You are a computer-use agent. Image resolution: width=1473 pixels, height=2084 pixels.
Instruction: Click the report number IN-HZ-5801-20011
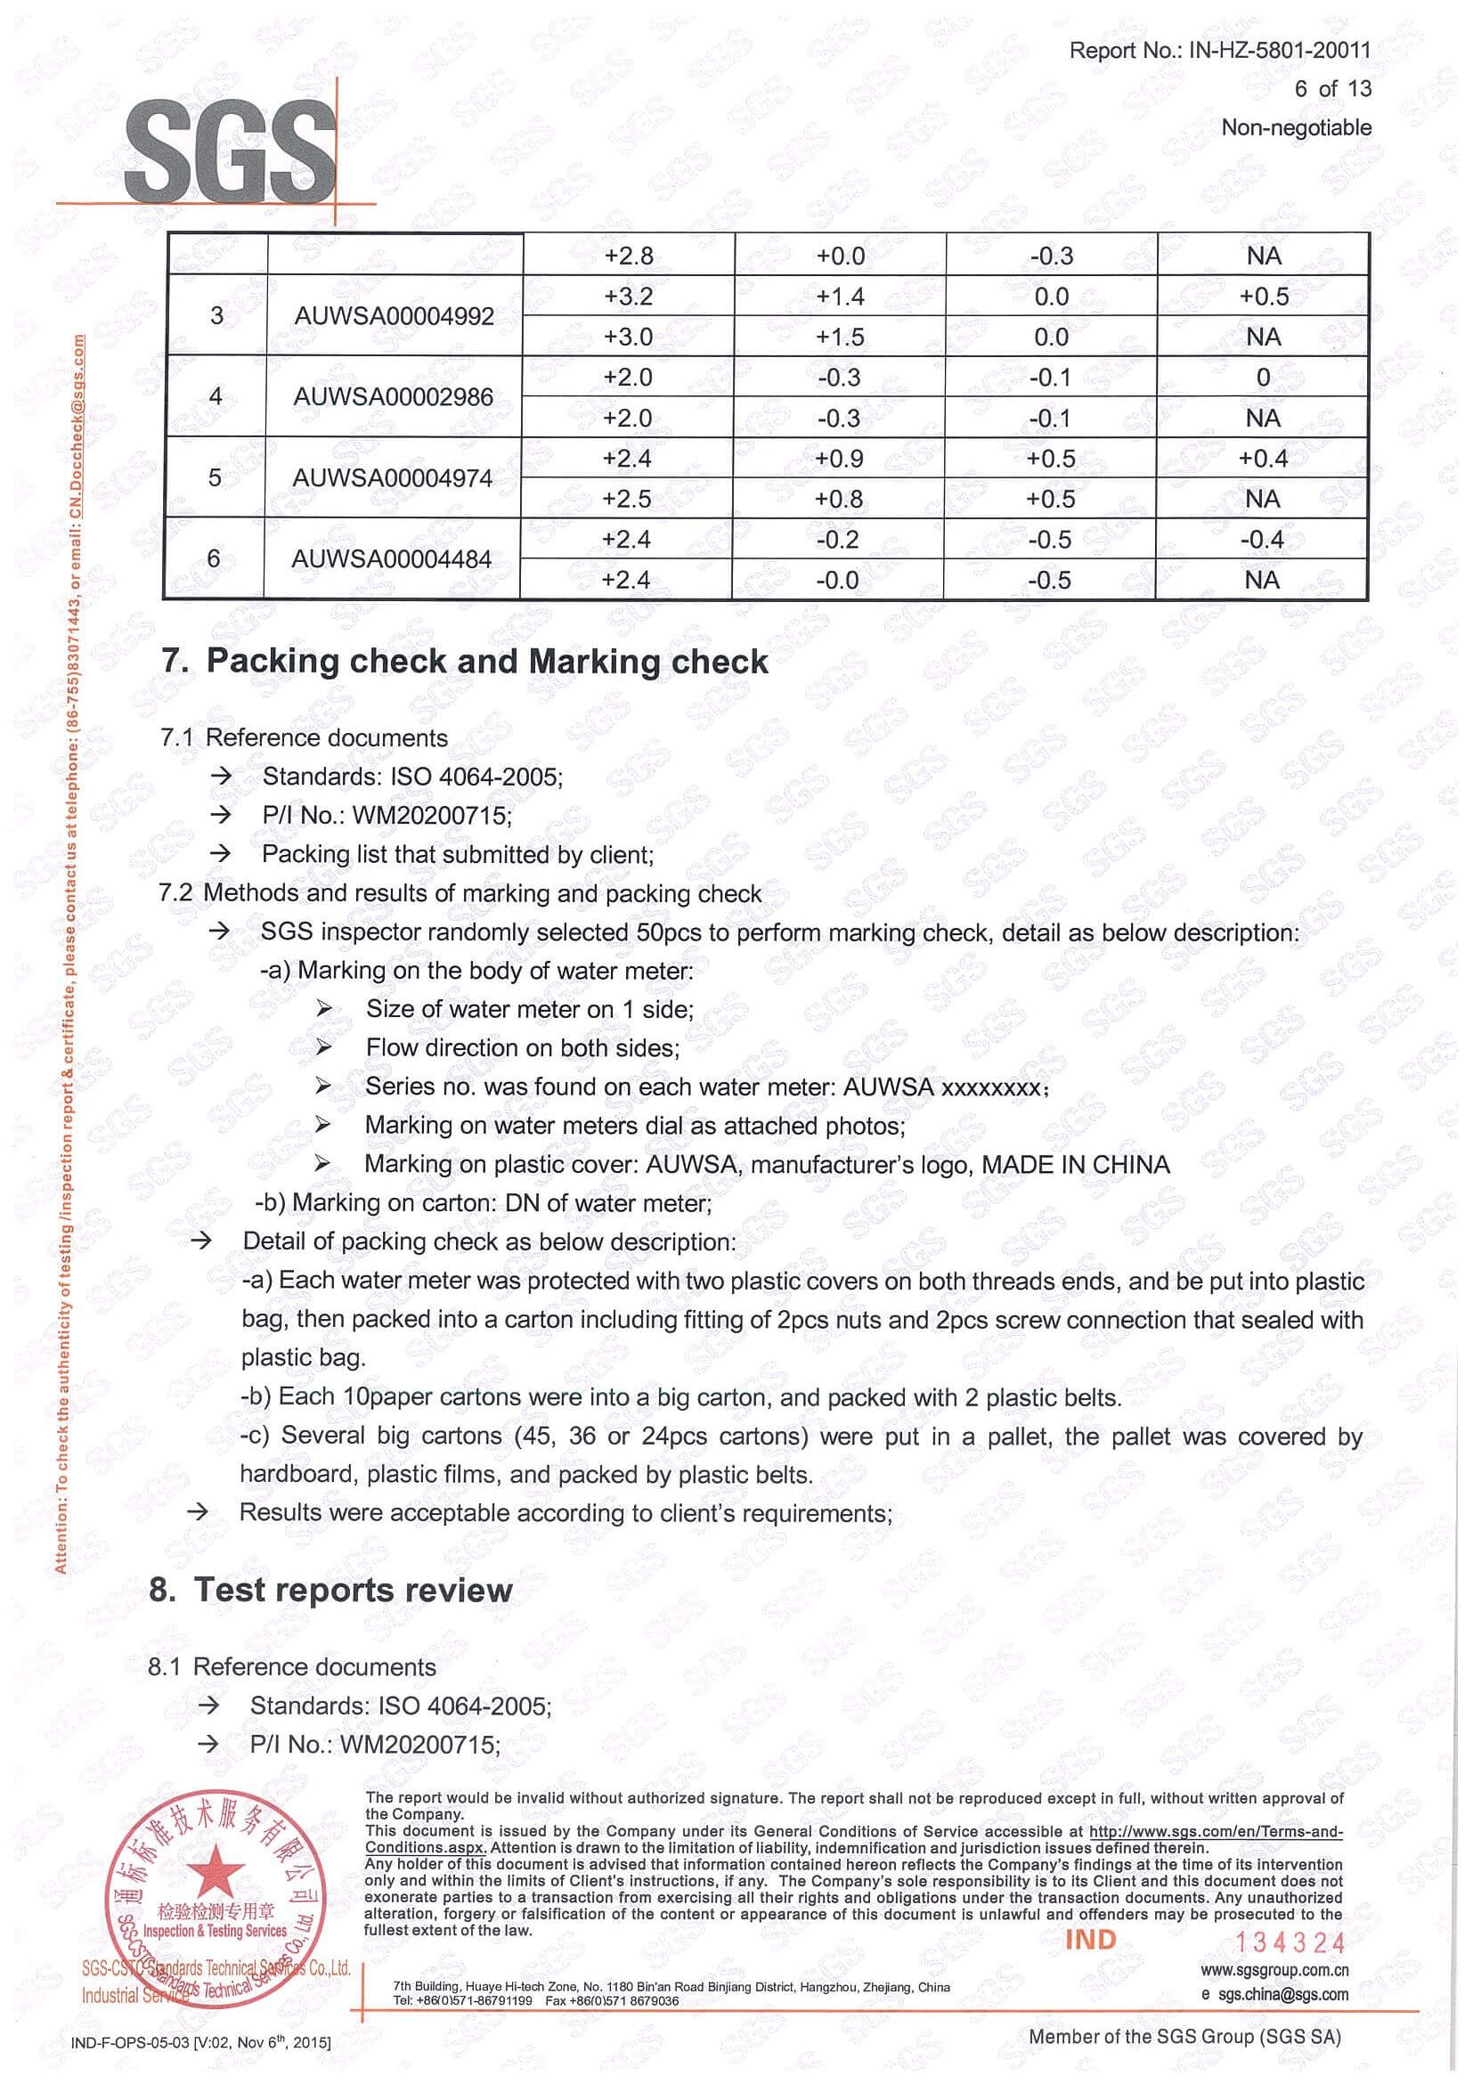pos(1279,50)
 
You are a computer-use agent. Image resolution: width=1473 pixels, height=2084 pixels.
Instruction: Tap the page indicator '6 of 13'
pos(1332,89)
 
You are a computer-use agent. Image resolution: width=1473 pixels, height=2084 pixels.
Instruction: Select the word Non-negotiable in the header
pos(1296,128)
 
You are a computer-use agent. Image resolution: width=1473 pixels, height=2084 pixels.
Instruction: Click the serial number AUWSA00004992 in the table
pos(394,317)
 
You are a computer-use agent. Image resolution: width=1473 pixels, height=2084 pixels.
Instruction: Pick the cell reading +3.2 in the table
pos(628,297)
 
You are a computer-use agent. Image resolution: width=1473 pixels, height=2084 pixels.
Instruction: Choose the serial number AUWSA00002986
pos(393,397)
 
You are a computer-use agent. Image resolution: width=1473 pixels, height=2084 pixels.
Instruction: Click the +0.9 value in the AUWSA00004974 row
pos(839,459)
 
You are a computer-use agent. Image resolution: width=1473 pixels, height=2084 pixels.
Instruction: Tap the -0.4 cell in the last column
pos(1262,540)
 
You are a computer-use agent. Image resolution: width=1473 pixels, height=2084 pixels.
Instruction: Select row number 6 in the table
pos(215,558)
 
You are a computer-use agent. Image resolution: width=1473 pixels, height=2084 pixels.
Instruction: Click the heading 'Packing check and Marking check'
pos(486,662)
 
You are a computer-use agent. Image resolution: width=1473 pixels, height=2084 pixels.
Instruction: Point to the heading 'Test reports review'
pos(353,1591)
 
